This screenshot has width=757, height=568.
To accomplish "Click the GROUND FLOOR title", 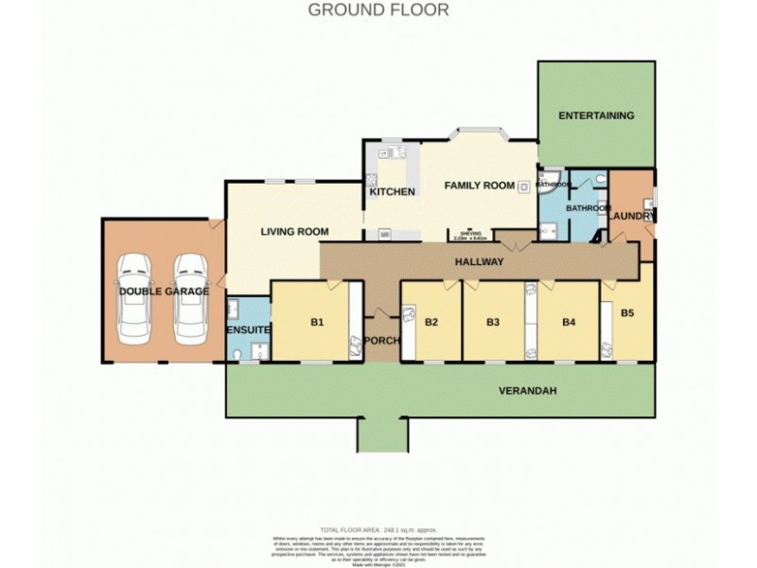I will tap(378, 10).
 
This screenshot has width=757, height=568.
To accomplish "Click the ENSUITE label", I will tap(248, 329).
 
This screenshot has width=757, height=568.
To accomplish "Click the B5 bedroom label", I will tap(626, 311).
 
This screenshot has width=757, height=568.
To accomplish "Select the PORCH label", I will tap(382, 342).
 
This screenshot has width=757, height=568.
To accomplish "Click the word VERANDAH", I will tap(527, 390).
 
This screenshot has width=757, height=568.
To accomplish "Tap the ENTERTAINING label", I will tap(595, 115).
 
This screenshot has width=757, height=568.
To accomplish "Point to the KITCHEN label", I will tap(392, 192).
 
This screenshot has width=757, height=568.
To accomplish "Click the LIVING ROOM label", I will tap(294, 231).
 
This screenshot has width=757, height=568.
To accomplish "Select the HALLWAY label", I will tap(479, 261).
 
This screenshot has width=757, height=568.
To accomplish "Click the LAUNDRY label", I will tap(630, 217).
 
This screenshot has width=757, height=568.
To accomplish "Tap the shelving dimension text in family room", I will tap(470, 236).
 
